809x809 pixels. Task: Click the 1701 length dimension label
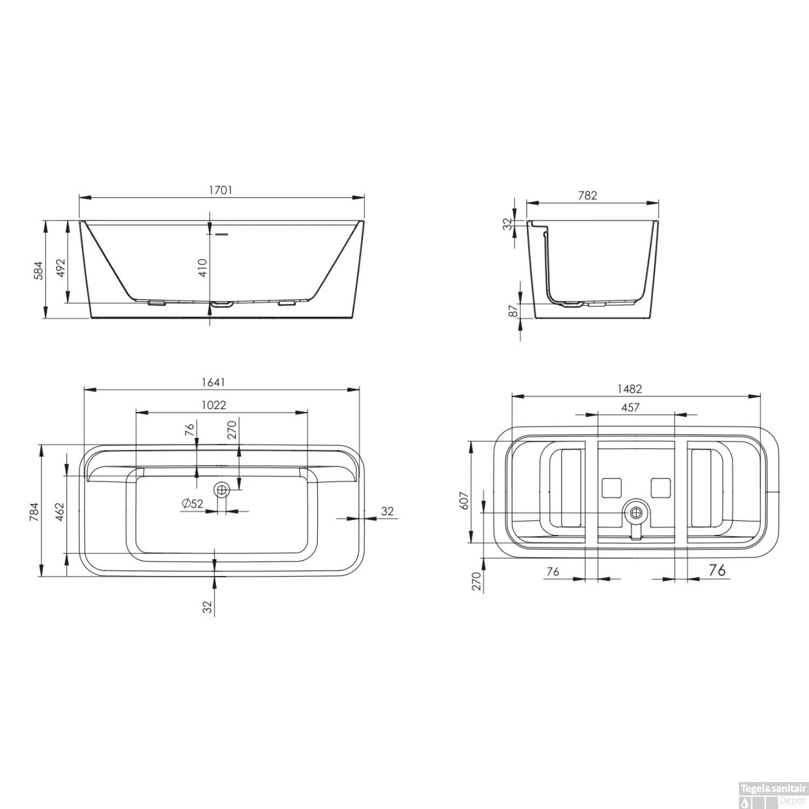pyautogui.click(x=221, y=190)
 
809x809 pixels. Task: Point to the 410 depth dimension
pyautogui.click(x=203, y=268)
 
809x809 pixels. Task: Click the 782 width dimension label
pyautogui.click(x=587, y=195)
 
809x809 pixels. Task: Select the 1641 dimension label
pyautogui.click(x=213, y=382)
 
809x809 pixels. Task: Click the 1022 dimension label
pyautogui.click(x=214, y=405)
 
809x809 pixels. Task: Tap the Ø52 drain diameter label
pyautogui.click(x=193, y=504)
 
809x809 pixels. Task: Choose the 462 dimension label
pyautogui.click(x=60, y=512)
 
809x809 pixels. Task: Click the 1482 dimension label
pyautogui.click(x=630, y=389)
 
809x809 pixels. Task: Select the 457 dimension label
pyautogui.click(x=630, y=407)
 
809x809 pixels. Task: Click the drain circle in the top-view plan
pyautogui.click(x=222, y=490)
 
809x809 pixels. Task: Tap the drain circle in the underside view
pyautogui.click(x=636, y=512)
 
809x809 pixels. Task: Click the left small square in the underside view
pyautogui.click(x=612, y=488)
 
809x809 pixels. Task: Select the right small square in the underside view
pyautogui.click(x=661, y=488)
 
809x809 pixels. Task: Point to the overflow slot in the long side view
pyautogui.click(x=222, y=235)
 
